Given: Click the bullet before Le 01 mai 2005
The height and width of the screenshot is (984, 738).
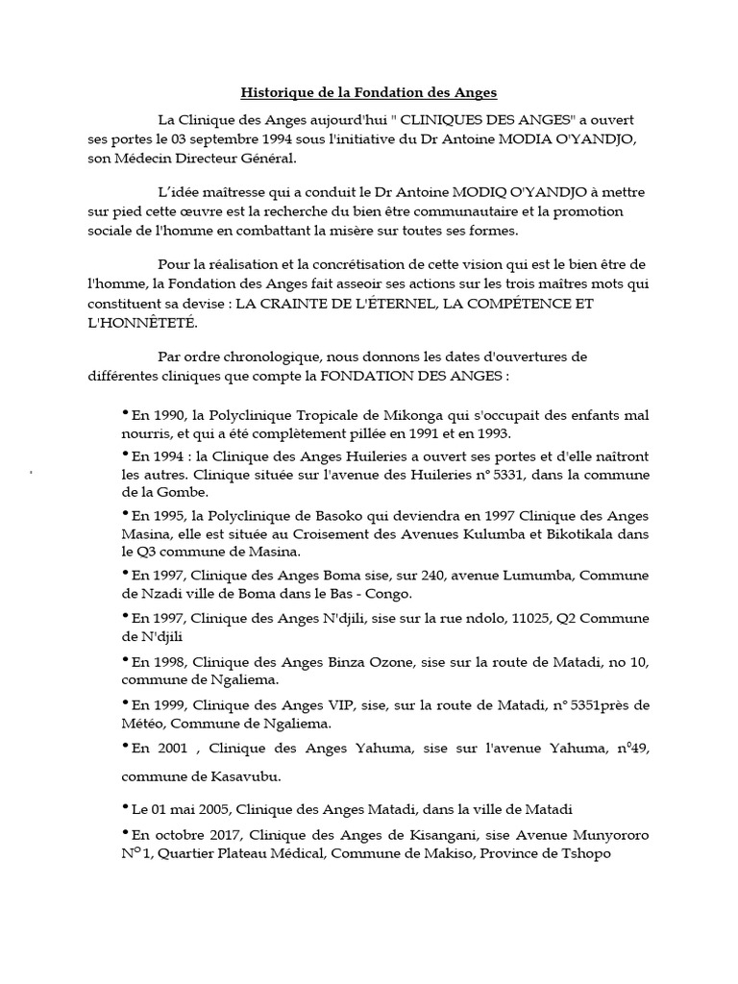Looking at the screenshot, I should [x=126, y=807].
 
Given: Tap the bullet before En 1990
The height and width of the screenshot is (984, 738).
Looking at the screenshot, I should [x=126, y=413].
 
